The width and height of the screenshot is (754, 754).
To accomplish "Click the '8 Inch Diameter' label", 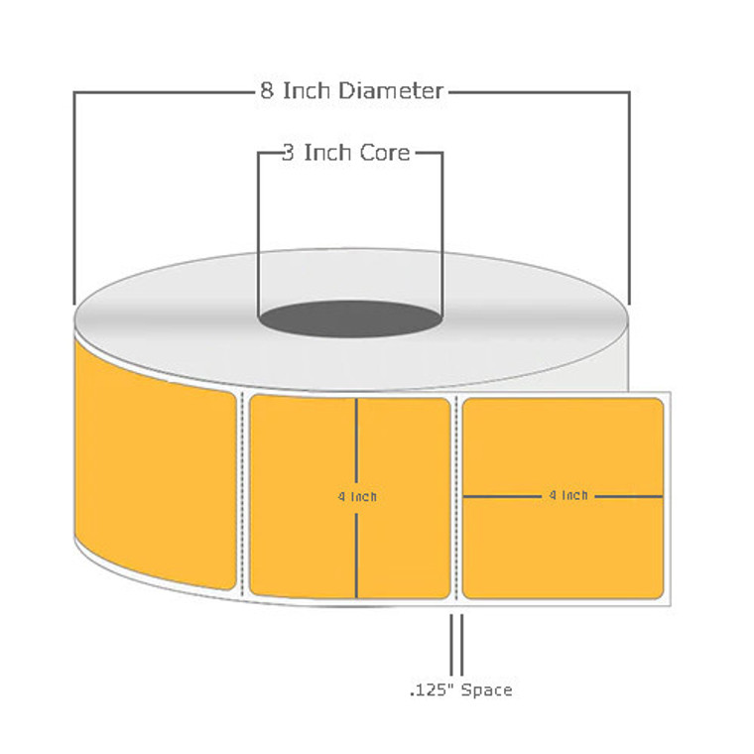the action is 350,91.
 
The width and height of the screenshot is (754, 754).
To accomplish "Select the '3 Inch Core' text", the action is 345,153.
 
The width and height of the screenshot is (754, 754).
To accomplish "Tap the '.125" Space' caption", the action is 460,690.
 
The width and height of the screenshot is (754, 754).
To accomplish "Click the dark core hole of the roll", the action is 350,322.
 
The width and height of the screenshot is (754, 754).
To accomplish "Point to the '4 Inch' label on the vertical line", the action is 357,497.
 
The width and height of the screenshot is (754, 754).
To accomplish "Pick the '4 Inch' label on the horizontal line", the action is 567,495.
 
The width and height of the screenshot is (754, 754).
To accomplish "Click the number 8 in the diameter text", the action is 266,91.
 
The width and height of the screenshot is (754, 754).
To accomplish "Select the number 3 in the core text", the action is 287,153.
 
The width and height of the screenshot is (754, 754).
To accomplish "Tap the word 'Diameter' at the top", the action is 390,91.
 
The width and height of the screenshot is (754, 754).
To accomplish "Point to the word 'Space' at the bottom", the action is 485,690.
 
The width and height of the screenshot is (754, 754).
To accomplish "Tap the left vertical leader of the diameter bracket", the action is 74,198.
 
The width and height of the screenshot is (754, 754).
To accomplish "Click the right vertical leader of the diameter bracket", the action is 629,198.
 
